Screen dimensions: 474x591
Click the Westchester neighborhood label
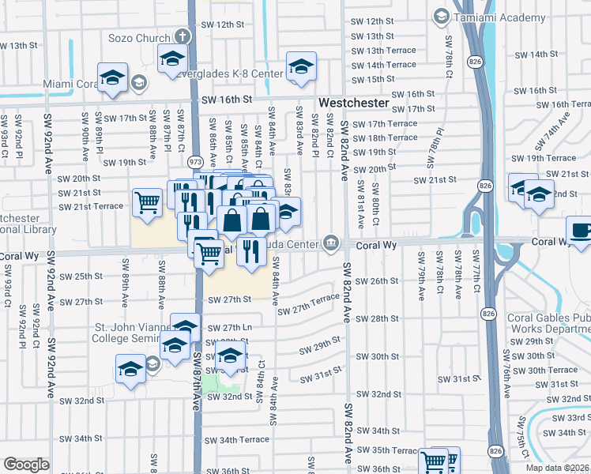point(354,103)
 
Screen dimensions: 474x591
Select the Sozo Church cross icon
point(183,36)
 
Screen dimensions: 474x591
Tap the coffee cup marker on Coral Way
point(581,231)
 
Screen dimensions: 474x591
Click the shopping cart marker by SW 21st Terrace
point(147,203)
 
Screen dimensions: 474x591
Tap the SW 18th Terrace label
point(385,137)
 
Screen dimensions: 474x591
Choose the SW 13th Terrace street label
point(383,50)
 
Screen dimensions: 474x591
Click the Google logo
point(26,465)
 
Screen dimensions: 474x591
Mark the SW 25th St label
point(82,276)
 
